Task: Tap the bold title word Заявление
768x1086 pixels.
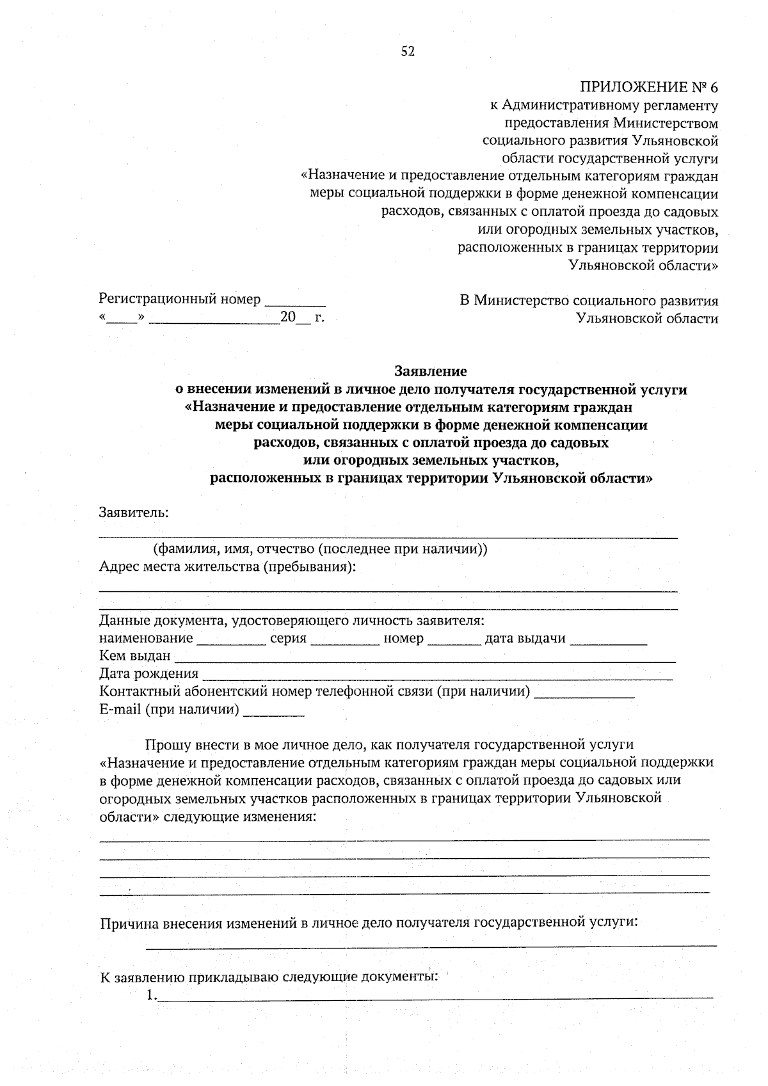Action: pyautogui.click(x=431, y=371)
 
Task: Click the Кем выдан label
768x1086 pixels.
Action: pyautogui.click(x=135, y=655)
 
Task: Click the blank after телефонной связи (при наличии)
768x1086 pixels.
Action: pyautogui.click(x=584, y=693)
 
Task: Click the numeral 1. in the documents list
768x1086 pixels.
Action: pyautogui.click(x=151, y=995)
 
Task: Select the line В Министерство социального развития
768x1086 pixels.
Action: pyautogui.click(x=589, y=301)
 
